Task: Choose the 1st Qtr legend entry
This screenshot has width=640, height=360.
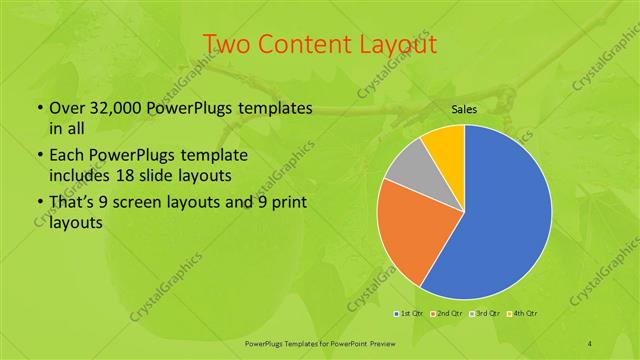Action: (408, 313)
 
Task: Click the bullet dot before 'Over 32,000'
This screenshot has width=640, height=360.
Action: (39, 108)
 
